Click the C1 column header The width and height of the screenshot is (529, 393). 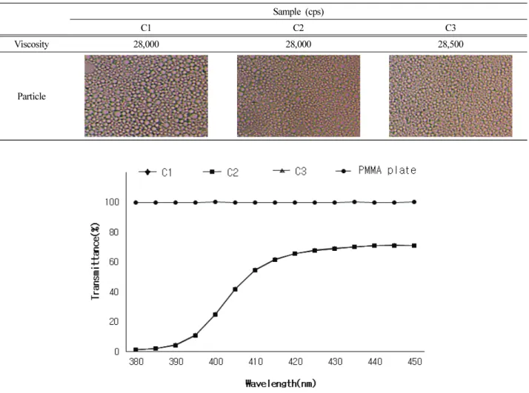click(146, 27)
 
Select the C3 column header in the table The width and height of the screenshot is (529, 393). click(450, 27)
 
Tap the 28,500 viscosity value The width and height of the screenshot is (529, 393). click(450, 44)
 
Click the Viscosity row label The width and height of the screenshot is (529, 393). click(31, 44)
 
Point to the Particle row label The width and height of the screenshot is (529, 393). click(31, 96)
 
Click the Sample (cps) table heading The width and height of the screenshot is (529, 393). click(299, 12)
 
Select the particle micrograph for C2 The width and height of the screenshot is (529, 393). click(299, 96)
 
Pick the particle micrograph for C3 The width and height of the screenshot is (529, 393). click(450, 96)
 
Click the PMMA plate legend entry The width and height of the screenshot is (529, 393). click(376, 170)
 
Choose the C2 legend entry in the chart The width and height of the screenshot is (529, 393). click(221, 172)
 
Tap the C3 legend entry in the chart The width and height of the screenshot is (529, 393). click(290, 171)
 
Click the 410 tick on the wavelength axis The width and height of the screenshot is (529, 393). click(256, 362)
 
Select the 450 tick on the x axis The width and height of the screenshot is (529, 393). click(415, 362)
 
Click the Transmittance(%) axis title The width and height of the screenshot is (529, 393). click(96, 261)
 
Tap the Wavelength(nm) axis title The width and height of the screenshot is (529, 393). click(281, 383)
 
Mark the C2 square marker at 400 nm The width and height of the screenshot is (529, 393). click(216, 315)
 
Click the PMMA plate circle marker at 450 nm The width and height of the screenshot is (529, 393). click(414, 202)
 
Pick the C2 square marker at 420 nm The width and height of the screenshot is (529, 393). click(295, 253)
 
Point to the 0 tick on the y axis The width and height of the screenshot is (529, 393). click(117, 352)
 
